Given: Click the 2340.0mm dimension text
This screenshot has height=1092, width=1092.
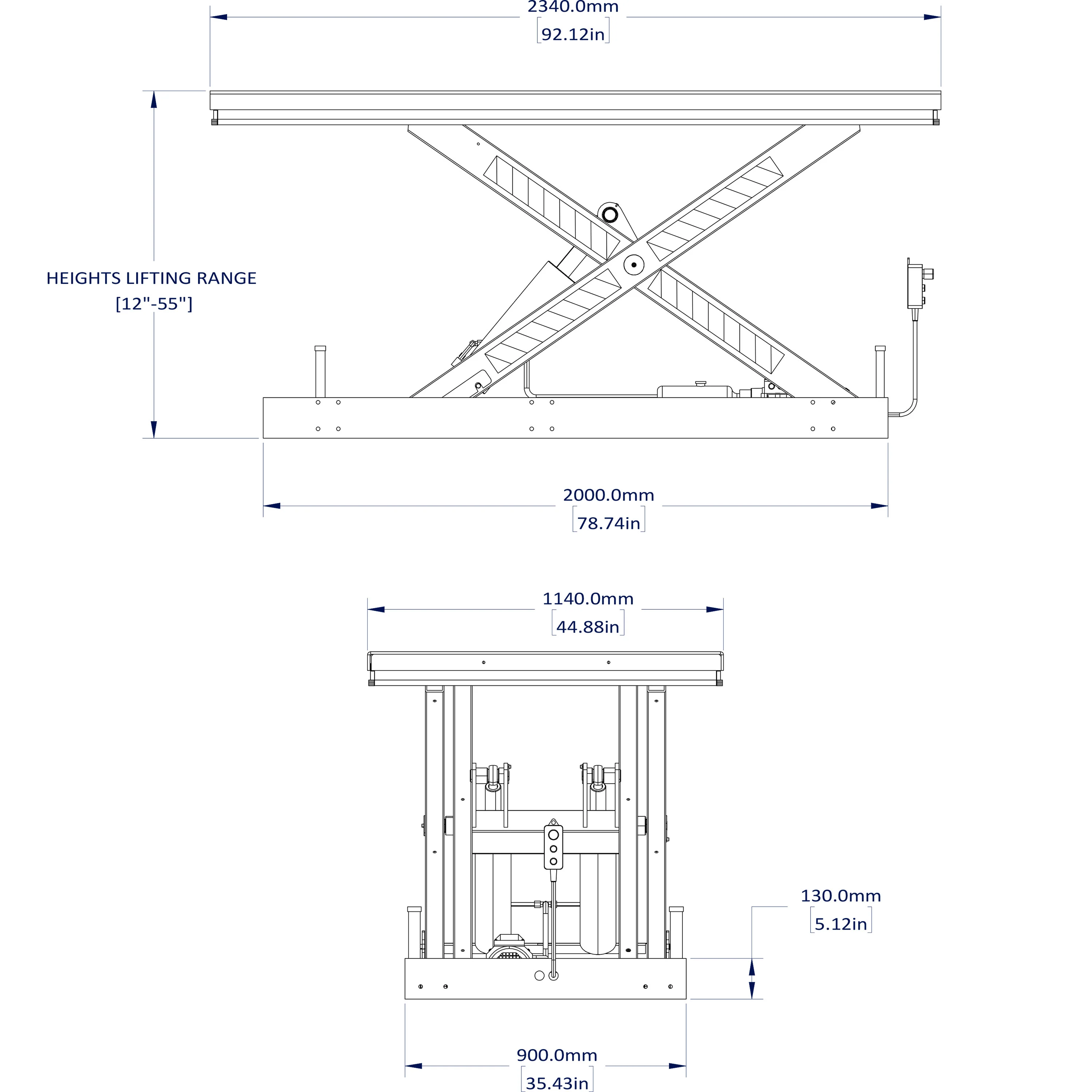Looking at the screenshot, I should (573, 7).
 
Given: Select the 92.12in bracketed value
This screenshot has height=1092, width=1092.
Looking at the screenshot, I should (573, 35).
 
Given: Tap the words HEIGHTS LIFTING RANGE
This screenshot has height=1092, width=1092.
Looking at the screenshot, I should (151, 278).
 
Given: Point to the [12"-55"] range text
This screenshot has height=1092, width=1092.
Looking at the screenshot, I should (154, 304).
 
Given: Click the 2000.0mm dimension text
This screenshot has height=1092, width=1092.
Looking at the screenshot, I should (608, 495).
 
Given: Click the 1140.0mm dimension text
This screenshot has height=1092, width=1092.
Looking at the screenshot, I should (588, 598).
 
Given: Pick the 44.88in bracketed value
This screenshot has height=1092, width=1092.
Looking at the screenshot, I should (588, 627).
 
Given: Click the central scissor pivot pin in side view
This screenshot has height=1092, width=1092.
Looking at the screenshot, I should (634, 265).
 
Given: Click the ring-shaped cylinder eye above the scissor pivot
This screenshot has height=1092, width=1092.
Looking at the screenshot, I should (609, 215).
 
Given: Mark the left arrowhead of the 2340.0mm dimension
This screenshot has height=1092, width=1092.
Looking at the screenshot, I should (218, 17).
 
